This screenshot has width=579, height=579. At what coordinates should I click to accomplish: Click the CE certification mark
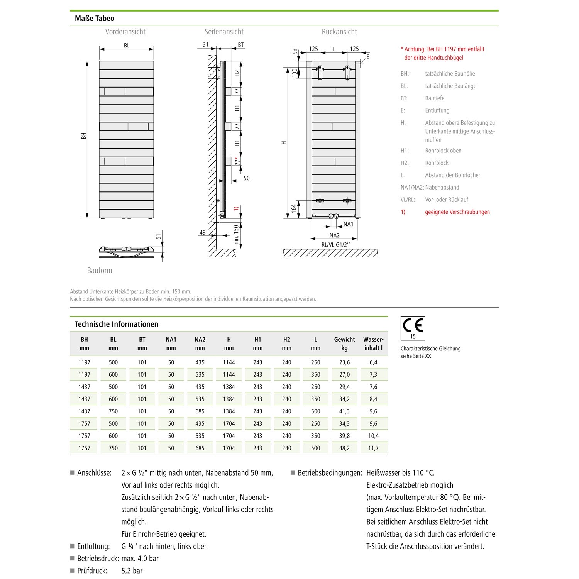[x=413, y=327]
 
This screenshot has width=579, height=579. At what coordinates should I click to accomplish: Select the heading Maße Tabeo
[x=94, y=18]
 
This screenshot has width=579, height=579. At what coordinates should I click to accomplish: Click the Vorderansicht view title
[x=125, y=32]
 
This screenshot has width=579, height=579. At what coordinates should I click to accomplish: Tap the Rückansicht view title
[x=339, y=32]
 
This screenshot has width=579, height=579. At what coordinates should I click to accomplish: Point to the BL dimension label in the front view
[x=127, y=46]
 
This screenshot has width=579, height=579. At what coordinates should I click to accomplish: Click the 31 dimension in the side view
[x=205, y=44]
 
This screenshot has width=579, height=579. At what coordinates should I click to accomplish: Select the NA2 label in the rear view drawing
[x=334, y=235]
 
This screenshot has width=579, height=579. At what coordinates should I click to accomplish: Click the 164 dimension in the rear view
[x=294, y=208]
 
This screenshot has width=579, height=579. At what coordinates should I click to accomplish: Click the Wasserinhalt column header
[x=373, y=344]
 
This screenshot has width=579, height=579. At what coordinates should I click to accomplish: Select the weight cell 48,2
[x=344, y=448]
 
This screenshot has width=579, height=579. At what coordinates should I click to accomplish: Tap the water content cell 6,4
[x=373, y=362]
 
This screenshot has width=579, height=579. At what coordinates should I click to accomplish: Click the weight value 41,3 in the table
[x=344, y=411]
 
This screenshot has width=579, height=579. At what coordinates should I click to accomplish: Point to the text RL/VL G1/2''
[x=335, y=245]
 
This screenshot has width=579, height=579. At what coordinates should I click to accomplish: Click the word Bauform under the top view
[x=100, y=270]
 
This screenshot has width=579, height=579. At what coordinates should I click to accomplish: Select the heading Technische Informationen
[x=116, y=324]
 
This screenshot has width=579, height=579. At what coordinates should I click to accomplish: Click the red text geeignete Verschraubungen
[x=457, y=212]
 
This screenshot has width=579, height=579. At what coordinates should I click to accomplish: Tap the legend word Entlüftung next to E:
[x=437, y=110]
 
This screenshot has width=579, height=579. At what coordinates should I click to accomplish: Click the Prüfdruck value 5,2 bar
[x=132, y=571]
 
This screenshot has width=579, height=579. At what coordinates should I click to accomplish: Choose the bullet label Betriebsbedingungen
[x=330, y=473]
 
